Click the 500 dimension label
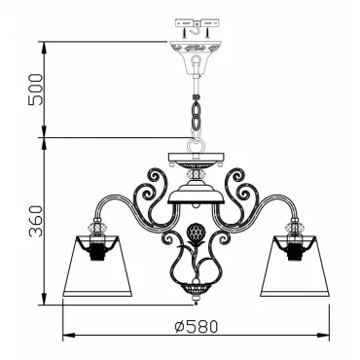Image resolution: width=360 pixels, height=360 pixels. click(x=36, y=90)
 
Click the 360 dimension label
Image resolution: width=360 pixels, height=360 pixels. click(x=36, y=221)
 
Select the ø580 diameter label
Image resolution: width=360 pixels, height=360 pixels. click(x=196, y=326)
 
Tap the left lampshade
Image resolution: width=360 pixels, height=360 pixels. click(x=97, y=266)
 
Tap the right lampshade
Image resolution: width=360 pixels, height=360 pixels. click(x=295, y=266)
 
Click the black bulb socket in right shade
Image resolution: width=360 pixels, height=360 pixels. click(x=294, y=249)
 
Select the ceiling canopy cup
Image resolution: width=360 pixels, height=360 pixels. click(x=196, y=57)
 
